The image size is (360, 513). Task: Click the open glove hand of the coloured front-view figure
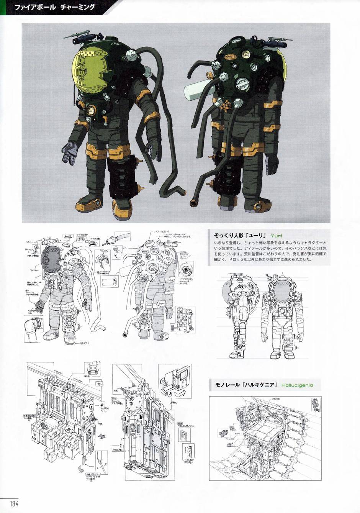click(70, 152)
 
